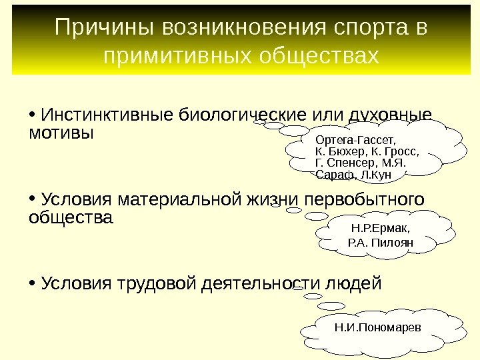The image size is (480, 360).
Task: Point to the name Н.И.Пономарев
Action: [x=378, y=327]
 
